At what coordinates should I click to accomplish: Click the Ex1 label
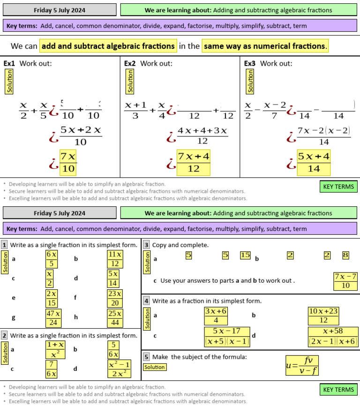click(9, 63)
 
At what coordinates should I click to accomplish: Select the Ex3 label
click(249, 63)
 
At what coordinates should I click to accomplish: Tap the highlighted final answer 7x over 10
click(68, 162)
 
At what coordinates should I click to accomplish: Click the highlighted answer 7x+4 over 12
click(193, 162)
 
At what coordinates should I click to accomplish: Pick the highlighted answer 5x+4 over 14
click(314, 162)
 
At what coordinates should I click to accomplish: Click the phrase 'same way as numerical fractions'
click(264, 46)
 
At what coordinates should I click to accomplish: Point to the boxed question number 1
click(4, 245)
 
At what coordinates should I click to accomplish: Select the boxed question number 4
click(146, 301)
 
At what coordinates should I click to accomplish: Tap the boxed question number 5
click(146, 357)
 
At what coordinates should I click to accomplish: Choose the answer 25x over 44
click(115, 318)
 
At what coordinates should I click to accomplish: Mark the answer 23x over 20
click(115, 298)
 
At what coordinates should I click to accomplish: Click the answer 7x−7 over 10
click(345, 281)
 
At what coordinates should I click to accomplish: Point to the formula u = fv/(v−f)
click(302, 366)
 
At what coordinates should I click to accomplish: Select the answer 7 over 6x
click(52, 369)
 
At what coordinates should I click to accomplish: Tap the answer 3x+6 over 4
click(216, 316)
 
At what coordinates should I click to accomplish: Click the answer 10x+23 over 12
click(323, 316)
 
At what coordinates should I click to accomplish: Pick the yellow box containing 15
click(245, 255)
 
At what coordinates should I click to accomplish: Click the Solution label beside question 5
click(154, 367)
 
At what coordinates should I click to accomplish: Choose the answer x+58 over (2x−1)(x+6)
click(333, 337)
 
